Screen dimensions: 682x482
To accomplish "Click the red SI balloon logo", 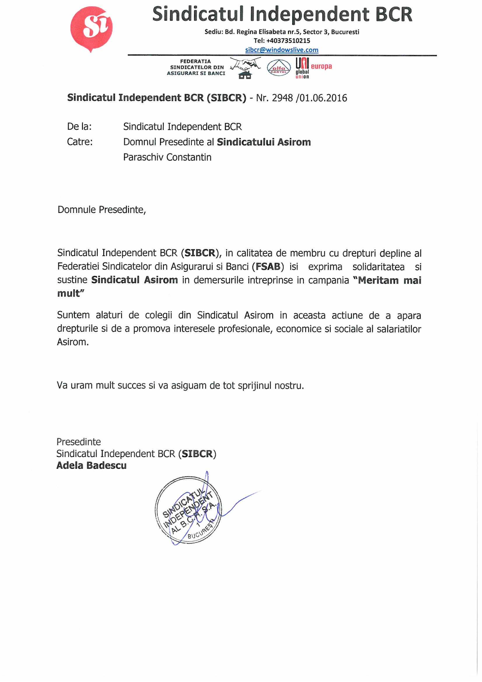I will point(91,28).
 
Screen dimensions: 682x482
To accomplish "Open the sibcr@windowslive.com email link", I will point(282,50).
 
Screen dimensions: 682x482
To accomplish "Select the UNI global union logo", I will point(302,68).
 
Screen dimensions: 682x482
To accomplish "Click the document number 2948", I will point(282,98).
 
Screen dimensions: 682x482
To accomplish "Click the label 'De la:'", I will point(79,127).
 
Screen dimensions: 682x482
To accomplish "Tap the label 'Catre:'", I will point(80,142).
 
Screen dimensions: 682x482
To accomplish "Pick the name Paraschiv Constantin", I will point(167,157).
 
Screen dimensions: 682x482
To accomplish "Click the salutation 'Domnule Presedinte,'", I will point(101,210).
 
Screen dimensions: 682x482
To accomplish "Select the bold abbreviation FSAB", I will point(268,266).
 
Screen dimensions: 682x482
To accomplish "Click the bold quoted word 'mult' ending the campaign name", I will point(70,293).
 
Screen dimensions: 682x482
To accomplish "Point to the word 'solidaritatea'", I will point(378,266).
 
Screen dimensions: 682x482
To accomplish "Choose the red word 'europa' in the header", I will point(321,66).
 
